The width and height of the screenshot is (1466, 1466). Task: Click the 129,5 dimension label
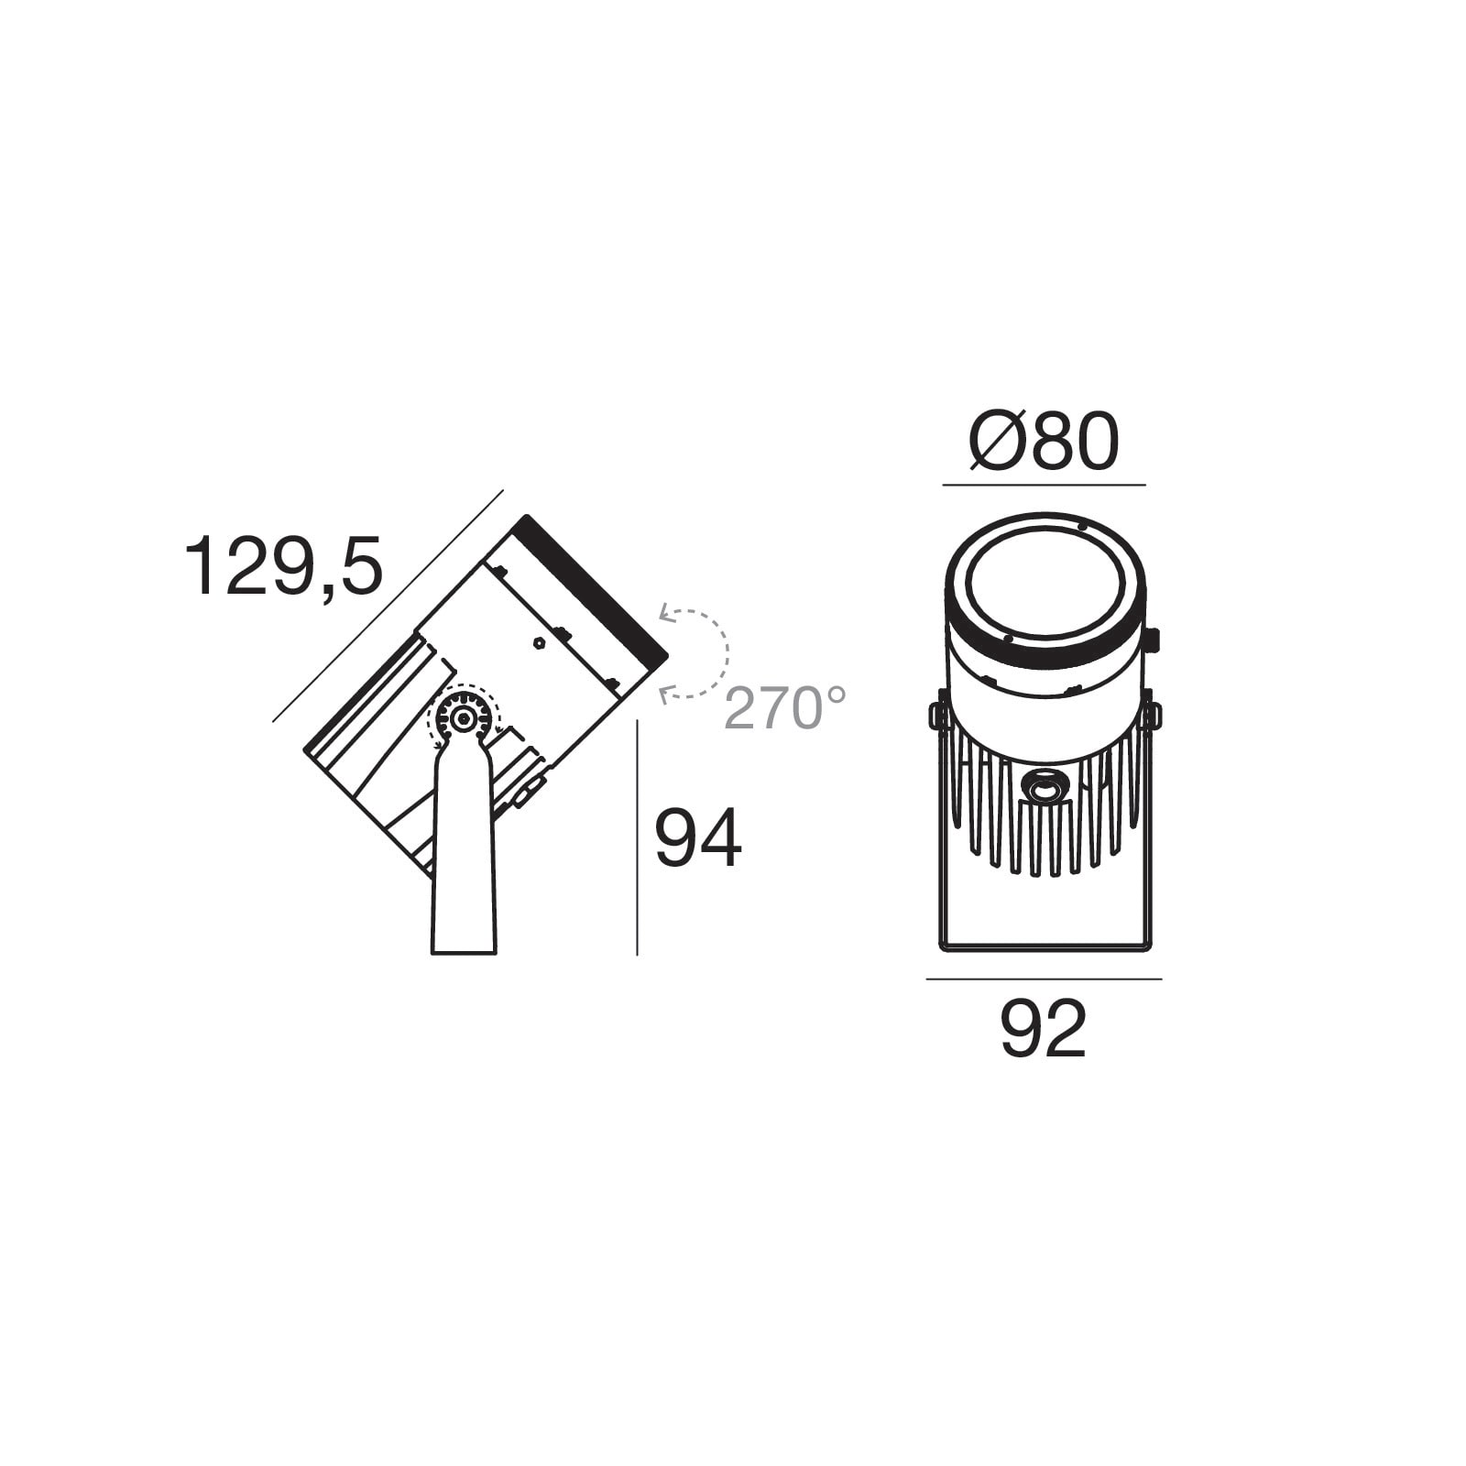[284, 568]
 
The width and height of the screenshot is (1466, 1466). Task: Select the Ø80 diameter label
[1045, 442]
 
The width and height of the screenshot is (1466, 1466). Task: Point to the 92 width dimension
[1044, 1029]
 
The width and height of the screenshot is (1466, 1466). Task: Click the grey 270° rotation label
[786, 707]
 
